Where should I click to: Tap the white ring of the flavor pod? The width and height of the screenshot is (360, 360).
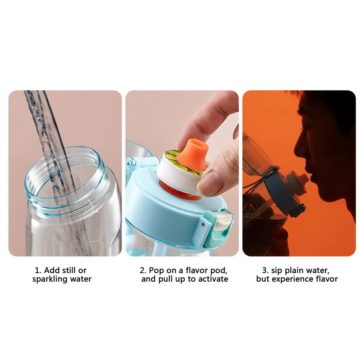point(178,174)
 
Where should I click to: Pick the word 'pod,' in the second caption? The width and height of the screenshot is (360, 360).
point(219,270)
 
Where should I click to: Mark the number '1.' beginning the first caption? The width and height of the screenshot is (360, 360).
point(38,270)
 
